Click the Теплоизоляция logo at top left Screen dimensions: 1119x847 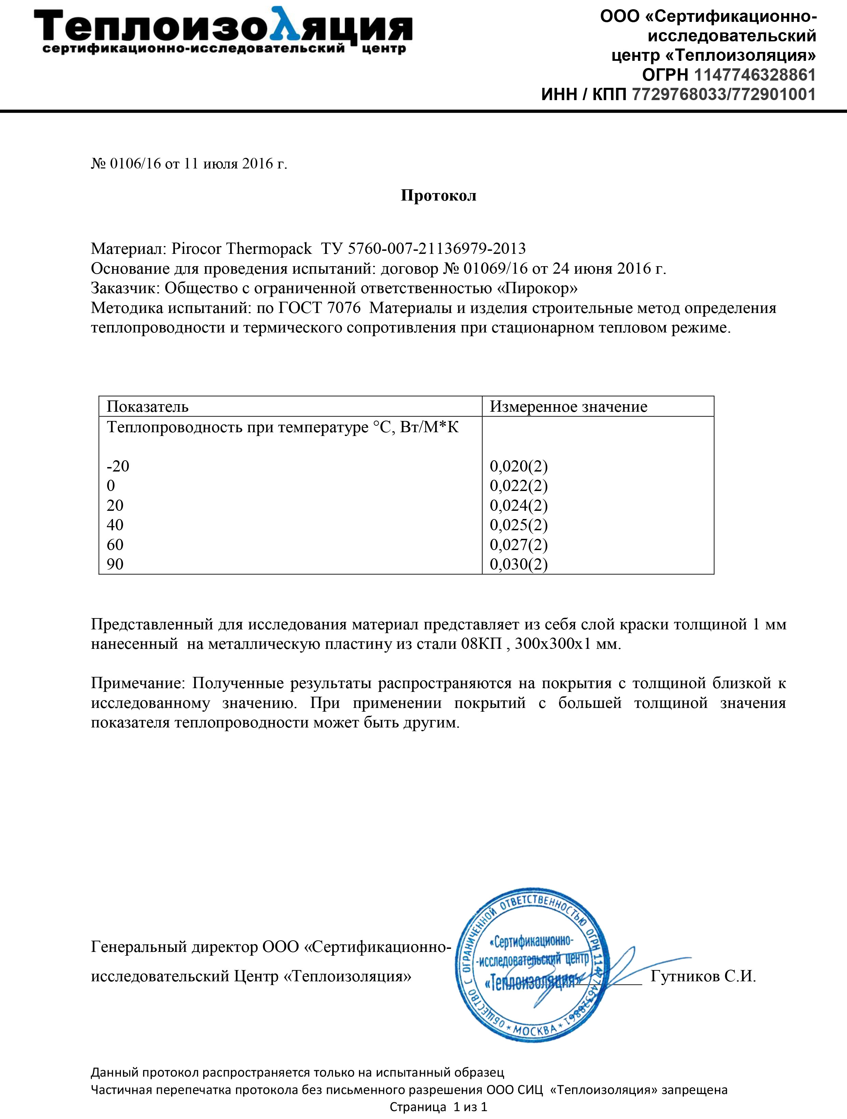222,30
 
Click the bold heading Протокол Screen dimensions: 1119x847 439,196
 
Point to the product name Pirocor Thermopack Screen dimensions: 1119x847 242,248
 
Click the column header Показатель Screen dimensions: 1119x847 147,407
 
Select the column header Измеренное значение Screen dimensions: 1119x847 568,407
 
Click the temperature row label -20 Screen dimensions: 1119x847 118,466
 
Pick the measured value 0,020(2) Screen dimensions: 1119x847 519,466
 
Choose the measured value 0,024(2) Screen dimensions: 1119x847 519,505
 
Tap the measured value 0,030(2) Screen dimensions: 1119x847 519,564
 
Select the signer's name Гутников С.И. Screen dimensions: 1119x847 703,976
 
